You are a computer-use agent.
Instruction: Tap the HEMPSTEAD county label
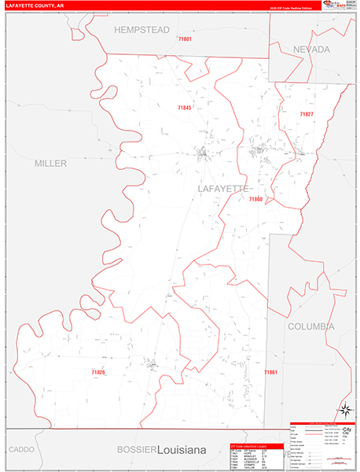coord(141,30)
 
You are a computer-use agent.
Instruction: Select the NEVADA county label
coord(311,49)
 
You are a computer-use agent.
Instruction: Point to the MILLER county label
coord(50,163)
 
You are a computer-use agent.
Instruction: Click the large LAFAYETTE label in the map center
coord(222,189)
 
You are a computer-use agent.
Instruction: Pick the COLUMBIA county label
coord(310,326)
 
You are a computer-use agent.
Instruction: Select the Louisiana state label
coord(181,449)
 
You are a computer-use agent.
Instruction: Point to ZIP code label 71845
coord(185,108)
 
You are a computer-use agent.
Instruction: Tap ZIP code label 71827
coord(306,114)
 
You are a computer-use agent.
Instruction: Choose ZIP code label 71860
coord(255,200)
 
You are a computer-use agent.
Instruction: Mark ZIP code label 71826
coord(98,371)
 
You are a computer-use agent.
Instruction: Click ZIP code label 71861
coord(271,371)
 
